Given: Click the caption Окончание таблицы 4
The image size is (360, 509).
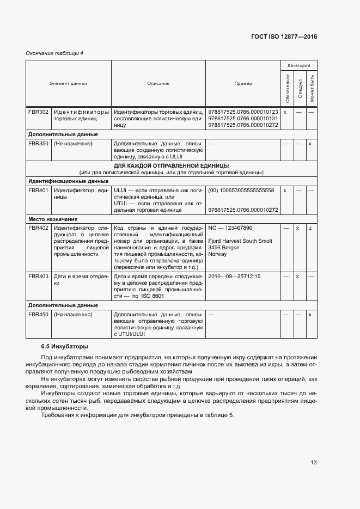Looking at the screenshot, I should pyautogui.click(x=54, y=53).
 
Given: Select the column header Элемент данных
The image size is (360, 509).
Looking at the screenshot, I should pyautogui.click(x=69, y=83).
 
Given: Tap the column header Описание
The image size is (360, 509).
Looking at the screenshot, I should pyautogui.click(x=158, y=83).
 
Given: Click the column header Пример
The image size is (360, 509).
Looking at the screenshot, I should pyautogui.click(x=243, y=83).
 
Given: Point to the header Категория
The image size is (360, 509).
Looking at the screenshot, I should pyautogui.click(x=299, y=65).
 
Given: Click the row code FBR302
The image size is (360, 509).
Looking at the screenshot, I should pyautogui.click(x=39, y=112).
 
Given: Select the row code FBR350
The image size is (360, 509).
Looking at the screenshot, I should pyautogui.click(x=39, y=143).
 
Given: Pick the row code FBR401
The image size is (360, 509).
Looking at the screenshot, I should pyautogui.click(x=39, y=190).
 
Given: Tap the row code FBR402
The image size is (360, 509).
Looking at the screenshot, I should pyautogui.click(x=39, y=228).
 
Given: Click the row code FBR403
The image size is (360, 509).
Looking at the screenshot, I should pyautogui.click(x=39, y=276).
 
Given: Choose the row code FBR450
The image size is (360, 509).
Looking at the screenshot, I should pyautogui.click(x=39, y=314).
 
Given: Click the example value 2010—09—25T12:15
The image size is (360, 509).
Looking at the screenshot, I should pyautogui.click(x=234, y=276).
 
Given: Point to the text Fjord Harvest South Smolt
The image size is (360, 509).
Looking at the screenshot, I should pyautogui.click(x=240, y=241).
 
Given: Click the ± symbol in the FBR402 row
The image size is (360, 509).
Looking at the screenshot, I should pyautogui.click(x=310, y=228).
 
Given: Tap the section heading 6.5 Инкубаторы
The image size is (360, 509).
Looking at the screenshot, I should pyautogui.click(x=64, y=346).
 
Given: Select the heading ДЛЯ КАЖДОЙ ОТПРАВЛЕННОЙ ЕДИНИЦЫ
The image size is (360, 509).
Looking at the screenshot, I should pyautogui.click(x=171, y=165).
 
